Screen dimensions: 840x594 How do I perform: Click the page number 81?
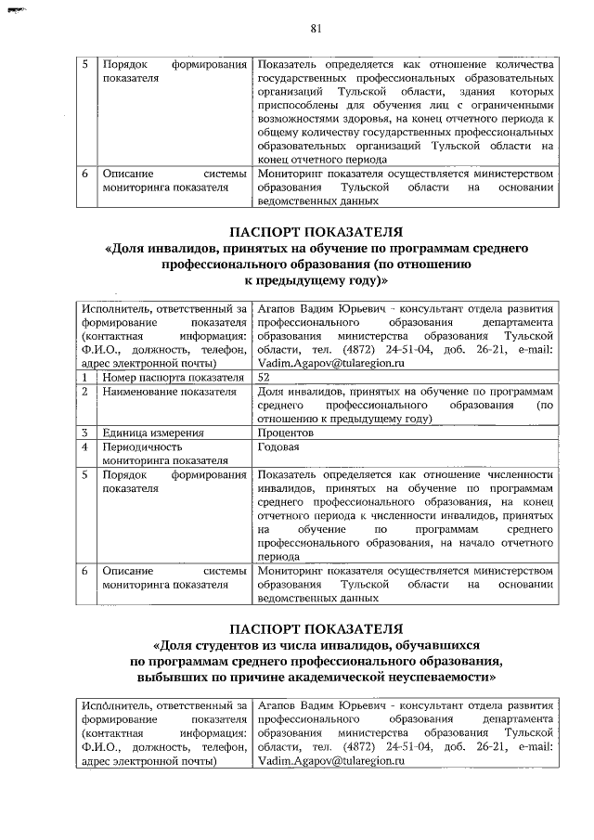pos(315,28)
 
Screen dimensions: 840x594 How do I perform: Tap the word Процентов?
pos(286,433)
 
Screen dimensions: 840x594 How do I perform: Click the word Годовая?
pos(279,446)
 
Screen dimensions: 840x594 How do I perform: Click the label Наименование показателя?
pos(157,392)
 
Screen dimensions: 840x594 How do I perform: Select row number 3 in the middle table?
pos(84,433)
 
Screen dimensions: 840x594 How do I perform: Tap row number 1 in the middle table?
pos(84,378)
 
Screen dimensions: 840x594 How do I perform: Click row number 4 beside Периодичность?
pos(84,446)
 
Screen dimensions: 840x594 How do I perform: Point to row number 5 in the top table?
pos(84,65)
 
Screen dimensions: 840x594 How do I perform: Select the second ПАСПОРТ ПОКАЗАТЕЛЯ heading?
pos(316,628)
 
